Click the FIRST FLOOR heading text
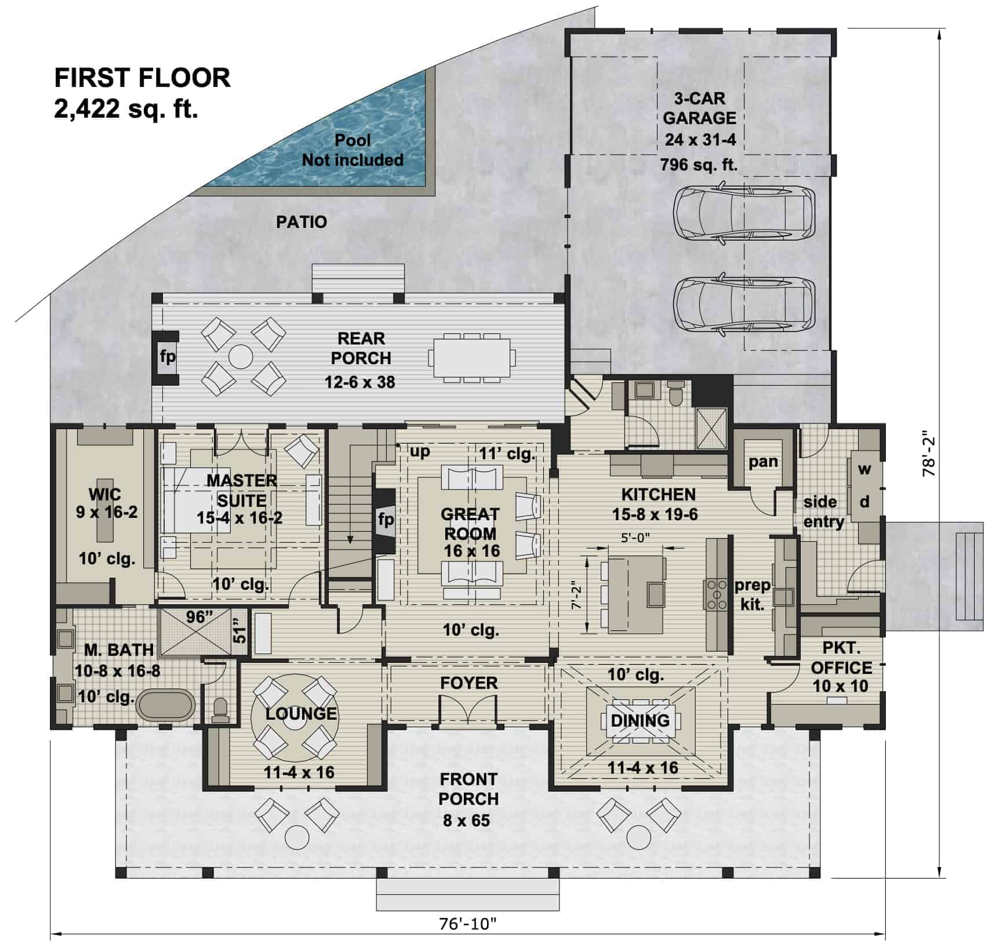click(x=142, y=78)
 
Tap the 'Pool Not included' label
click(x=353, y=150)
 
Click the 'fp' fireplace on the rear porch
click(x=167, y=356)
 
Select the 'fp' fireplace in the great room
click(x=386, y=519)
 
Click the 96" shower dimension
click(x=196, y=617)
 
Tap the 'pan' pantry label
click(x=762, y=462)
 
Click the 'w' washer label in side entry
click(x=864, y=469)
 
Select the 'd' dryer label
click(x=864, y=502)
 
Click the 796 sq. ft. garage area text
click(x=699, y=165)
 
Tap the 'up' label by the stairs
click(x=420, y=451)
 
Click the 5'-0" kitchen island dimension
click(x=635, y=538)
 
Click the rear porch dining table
click(x=472, y=357)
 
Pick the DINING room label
click(x=640, y=720)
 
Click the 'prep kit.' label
click(x=752, y=594)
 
